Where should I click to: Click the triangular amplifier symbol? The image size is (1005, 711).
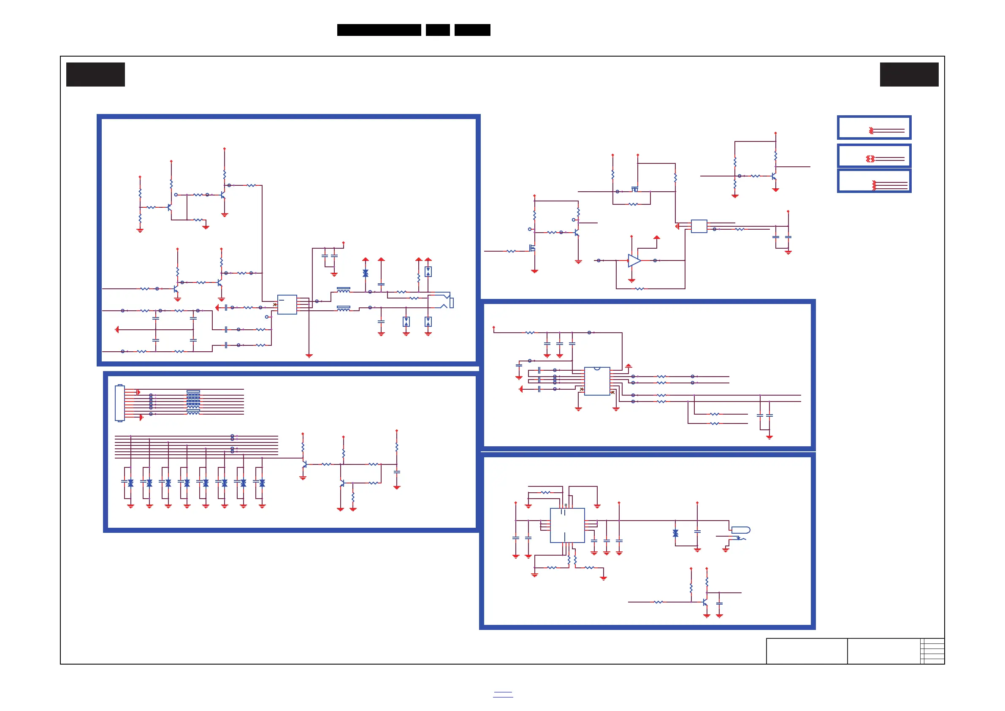[x=634, y=261]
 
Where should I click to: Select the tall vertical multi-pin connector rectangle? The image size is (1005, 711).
[x=119, y=403]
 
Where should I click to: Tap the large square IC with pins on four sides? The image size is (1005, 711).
[x=567, y=525]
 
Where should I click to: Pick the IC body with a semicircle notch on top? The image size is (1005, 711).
[x=597, y=381]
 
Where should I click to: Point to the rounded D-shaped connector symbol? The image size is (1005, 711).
[x=741, y=530]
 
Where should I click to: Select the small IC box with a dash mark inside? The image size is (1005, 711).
[x=287, y=304]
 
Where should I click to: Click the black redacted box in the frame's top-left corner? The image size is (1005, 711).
[x=95, y=74]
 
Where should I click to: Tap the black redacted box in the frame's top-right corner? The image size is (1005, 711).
[x=909, y=74]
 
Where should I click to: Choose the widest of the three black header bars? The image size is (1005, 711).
[x=379, y=30]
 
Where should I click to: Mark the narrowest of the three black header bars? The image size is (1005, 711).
[x=438, y=30]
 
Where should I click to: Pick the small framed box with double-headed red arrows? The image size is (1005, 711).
[x=874, y=156]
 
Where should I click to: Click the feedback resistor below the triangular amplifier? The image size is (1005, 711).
[x=639, y=289]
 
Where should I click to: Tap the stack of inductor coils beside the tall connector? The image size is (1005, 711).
[x=193, y=402]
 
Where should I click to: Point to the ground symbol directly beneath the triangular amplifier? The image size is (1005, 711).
[x=631, y=281]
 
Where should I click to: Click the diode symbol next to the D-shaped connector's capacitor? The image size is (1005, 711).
[x=675, y=533]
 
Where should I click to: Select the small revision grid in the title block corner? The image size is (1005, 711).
[x=932, y=651]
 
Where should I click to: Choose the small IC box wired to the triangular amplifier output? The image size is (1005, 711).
[x=699, y=226]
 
